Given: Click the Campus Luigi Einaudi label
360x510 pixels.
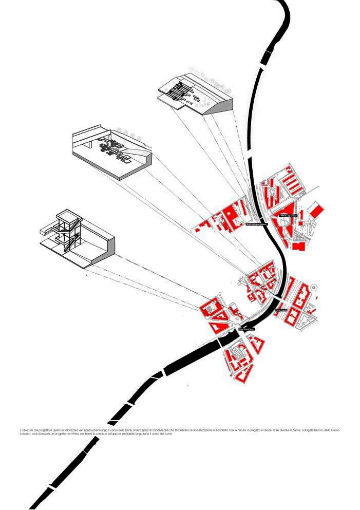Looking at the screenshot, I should pyautogui.click(x=288, y=216).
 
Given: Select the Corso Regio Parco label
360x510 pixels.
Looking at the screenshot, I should pyautogui.click(x=246, y=329).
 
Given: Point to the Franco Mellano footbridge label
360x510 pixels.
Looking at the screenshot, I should pyautogui.click(x=256, y=224).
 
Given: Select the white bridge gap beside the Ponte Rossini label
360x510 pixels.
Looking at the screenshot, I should pyautogui.click(x=277, y=298).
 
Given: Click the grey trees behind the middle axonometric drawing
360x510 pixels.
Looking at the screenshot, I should pyautogui.click(x=131, y=135).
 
